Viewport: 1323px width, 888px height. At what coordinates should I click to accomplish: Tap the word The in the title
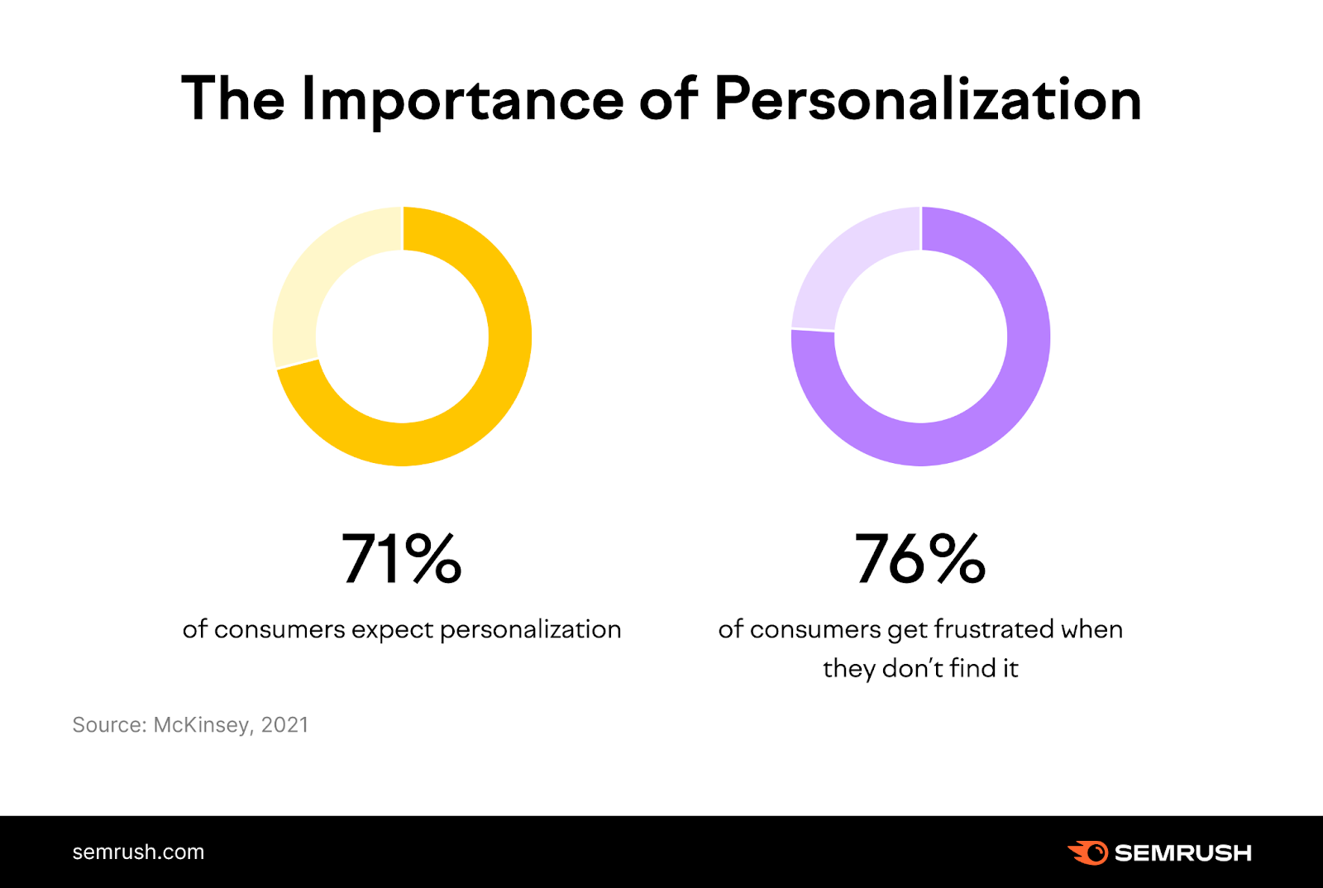click(x=232, y=99)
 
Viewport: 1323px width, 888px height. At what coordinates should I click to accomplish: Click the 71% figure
click(x=402, y=559)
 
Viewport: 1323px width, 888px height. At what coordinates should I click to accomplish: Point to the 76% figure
click(x=920, y=559)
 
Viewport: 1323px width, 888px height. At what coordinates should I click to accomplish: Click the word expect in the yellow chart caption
click(x=392, y=630)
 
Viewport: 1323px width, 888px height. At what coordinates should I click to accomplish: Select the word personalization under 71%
click(x=530, y=630)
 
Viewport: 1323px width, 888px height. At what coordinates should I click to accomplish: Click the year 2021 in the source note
click(x=284, y=725)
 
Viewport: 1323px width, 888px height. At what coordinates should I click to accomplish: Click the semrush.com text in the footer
click(x=138, y=852)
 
